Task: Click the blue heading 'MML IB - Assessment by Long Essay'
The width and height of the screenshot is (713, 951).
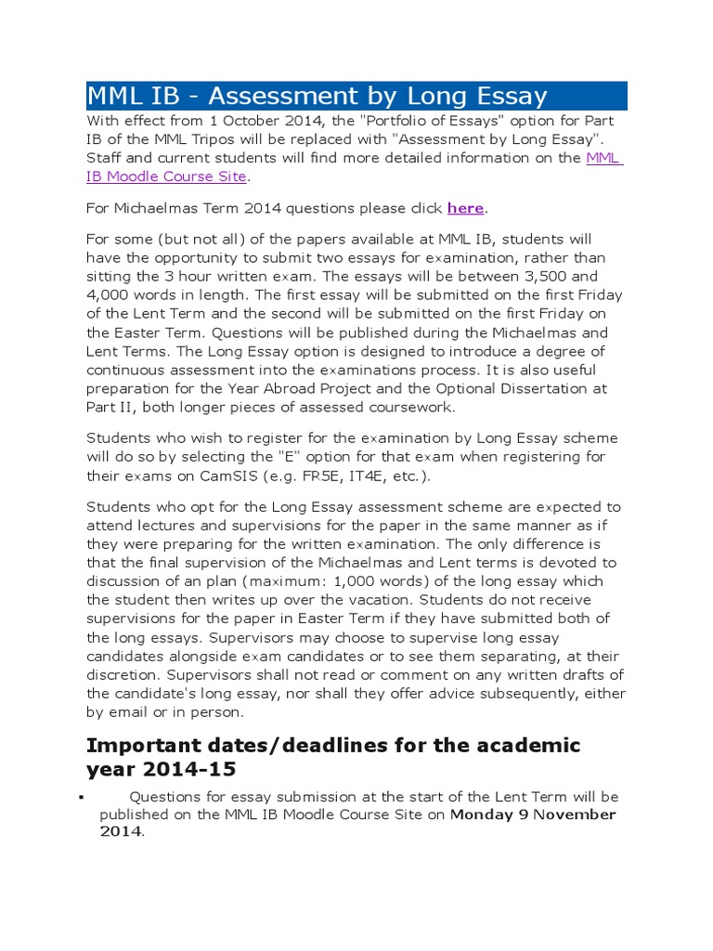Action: coord(317,96)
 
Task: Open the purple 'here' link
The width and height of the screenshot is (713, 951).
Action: coord(465,208)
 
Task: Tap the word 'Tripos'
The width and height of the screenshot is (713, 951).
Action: coord(201,140)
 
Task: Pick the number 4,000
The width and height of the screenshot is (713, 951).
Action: coord(109,295)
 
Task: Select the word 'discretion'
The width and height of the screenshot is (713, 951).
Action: coord(124,674)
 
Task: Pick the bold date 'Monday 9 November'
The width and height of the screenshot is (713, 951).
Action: coord(533,814)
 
